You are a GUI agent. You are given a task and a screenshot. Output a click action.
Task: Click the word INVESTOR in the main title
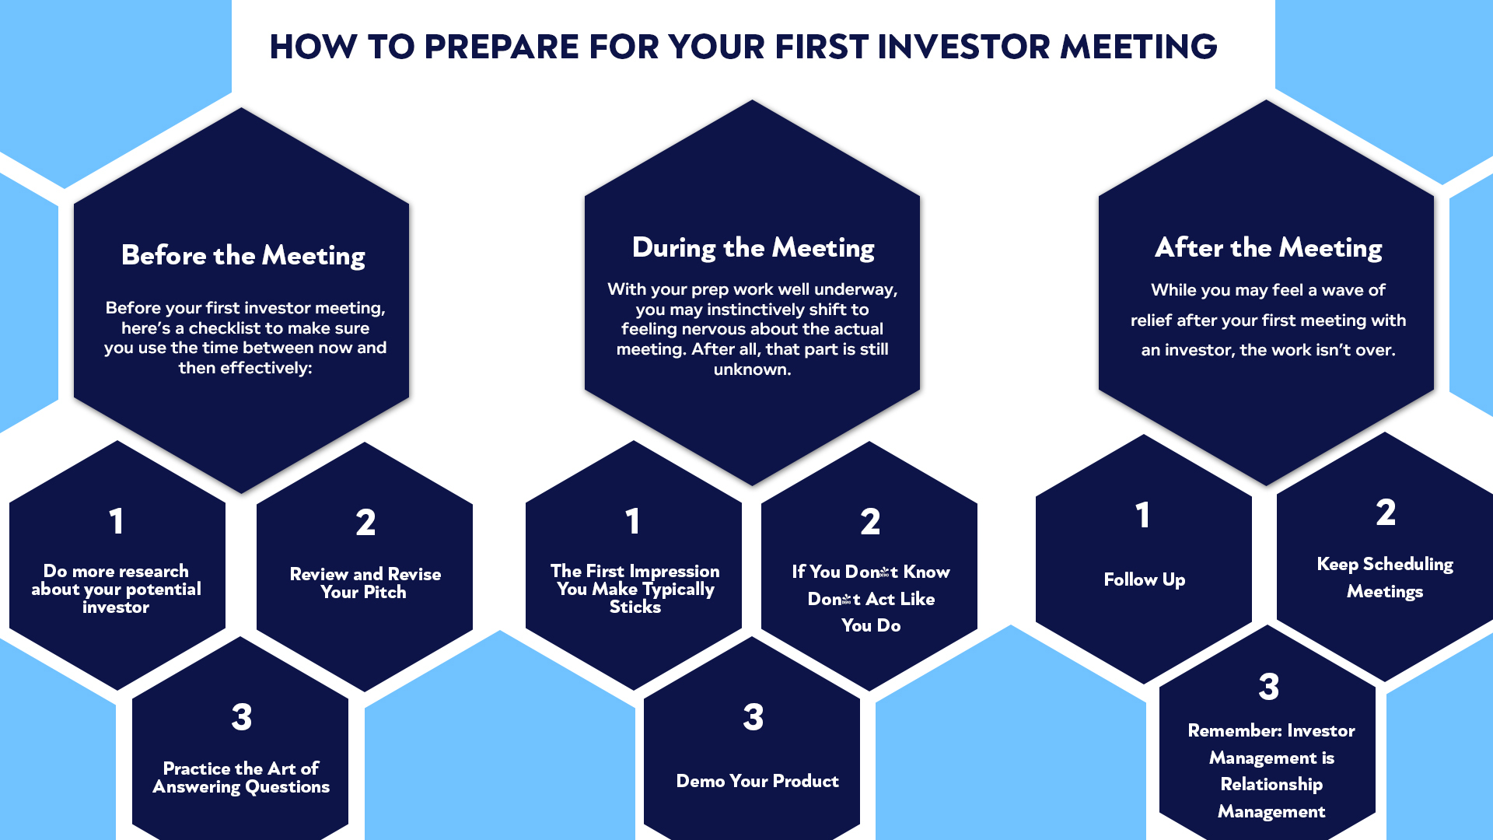(x=963, y=47)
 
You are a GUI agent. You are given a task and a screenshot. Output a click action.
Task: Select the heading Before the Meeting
(x=243, y=255)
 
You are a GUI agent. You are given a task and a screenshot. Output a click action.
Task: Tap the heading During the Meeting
(x=753, y=247)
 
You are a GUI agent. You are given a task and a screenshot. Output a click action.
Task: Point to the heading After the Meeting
(x=1268, y=247)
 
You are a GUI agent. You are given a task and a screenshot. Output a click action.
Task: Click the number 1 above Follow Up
(x=1142, y=515)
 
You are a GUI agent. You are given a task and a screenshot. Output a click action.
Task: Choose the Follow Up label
(x=1144, y=579)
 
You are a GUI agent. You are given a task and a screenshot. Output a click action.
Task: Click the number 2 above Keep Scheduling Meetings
(x=1385, y=513)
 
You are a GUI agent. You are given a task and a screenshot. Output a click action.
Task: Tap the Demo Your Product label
(x=757, y=781)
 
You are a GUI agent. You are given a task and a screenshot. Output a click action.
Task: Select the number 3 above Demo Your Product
(x=753, y=717)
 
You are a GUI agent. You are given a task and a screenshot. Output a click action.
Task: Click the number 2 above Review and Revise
(x=365, y=523)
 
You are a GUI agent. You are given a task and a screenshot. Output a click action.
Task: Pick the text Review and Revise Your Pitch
(x=365, y=583)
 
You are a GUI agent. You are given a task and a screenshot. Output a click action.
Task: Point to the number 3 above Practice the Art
(x=241, y=717)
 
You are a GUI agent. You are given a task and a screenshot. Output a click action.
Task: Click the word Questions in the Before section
(x=287, y=787)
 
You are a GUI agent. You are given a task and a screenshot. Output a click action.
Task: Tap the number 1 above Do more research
(x=116, y=521)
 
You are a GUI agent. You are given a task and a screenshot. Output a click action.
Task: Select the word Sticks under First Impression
(x=635, y=607)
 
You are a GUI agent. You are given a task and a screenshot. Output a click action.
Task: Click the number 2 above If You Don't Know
(x=870, y=522)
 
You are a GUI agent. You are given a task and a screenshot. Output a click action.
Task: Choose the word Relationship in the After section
(x=1271, y=784)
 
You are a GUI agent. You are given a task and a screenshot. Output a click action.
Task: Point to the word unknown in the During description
(x=752, y=369)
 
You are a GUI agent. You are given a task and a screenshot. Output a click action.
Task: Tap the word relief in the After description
(x=1151, y=320)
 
